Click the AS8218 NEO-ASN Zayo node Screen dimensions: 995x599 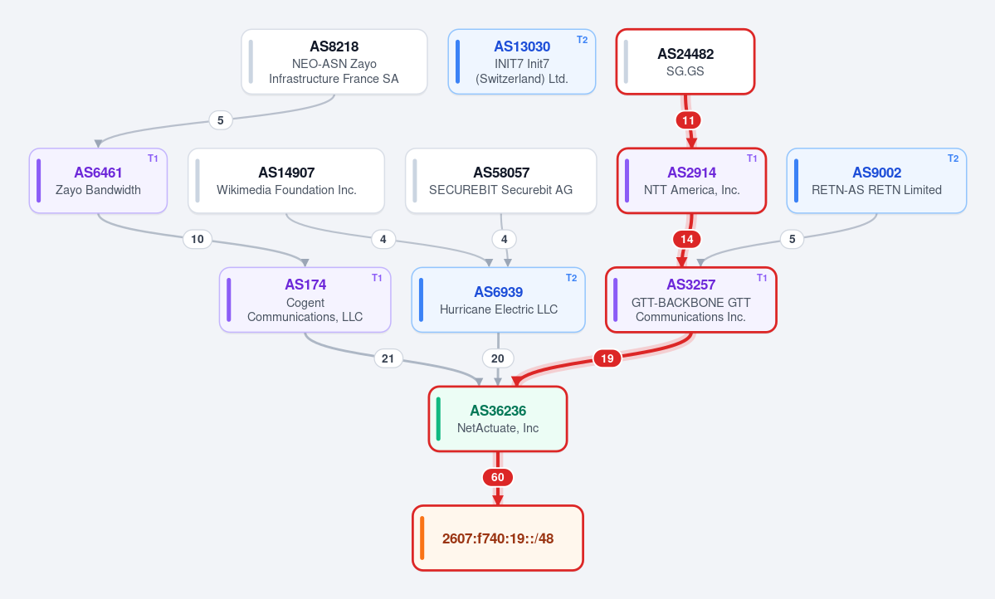click(x=334, y=61)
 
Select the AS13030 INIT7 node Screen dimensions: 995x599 click(x=522, y=61)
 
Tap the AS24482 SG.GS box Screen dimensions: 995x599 click(x=685, y=61)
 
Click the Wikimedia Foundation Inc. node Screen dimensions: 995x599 click(x=286, y=181)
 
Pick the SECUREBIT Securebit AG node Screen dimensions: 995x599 click(x=500, y=181)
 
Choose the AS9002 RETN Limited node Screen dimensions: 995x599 click(x=876, y=181)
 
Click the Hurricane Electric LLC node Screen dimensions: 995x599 click(x=498, y=300)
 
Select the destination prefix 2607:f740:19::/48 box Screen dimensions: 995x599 click(x=498, y=538)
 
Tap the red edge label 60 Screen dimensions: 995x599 click(x=498, y=477)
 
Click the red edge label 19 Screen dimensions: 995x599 click(x=607, y=358)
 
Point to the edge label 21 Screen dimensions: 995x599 click(x=388, y=358)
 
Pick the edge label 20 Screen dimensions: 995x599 click(x=498, y=358)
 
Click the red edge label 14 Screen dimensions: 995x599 click(x=686, y=239)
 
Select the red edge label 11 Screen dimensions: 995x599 click(x=689, y=120)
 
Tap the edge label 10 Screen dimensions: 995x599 click(x=198, y=239)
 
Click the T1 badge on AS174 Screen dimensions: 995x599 click(x=377, y=278)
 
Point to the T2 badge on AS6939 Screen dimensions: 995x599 click(x=571, y=278)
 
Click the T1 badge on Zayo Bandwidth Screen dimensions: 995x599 click(x=153, y=158)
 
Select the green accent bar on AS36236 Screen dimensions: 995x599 click(x=438, y=419)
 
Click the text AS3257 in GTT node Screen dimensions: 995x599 click(x=690, y=285)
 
